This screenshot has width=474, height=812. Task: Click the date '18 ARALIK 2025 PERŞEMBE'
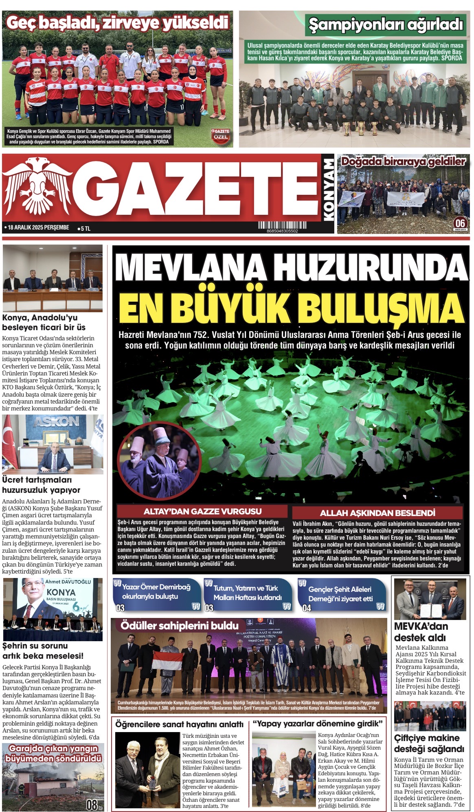pos(37,227)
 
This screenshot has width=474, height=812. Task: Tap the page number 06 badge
pos(460,223)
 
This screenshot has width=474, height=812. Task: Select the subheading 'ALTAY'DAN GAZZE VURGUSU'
pos(202,512)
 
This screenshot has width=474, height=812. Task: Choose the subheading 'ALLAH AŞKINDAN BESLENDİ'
pos(377,513)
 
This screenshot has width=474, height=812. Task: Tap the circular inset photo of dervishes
pos(159,459)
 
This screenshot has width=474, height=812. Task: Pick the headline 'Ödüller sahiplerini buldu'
pos(179,626)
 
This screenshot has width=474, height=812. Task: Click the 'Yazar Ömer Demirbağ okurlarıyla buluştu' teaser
pos(156,592)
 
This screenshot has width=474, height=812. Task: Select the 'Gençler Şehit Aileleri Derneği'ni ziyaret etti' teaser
pos(340,594)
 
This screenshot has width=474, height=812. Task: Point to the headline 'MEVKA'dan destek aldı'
pos(421,632)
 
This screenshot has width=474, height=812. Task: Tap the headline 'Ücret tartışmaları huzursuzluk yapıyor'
pos(41,485)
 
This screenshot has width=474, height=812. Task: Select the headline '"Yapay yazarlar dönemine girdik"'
pos(318,724)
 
